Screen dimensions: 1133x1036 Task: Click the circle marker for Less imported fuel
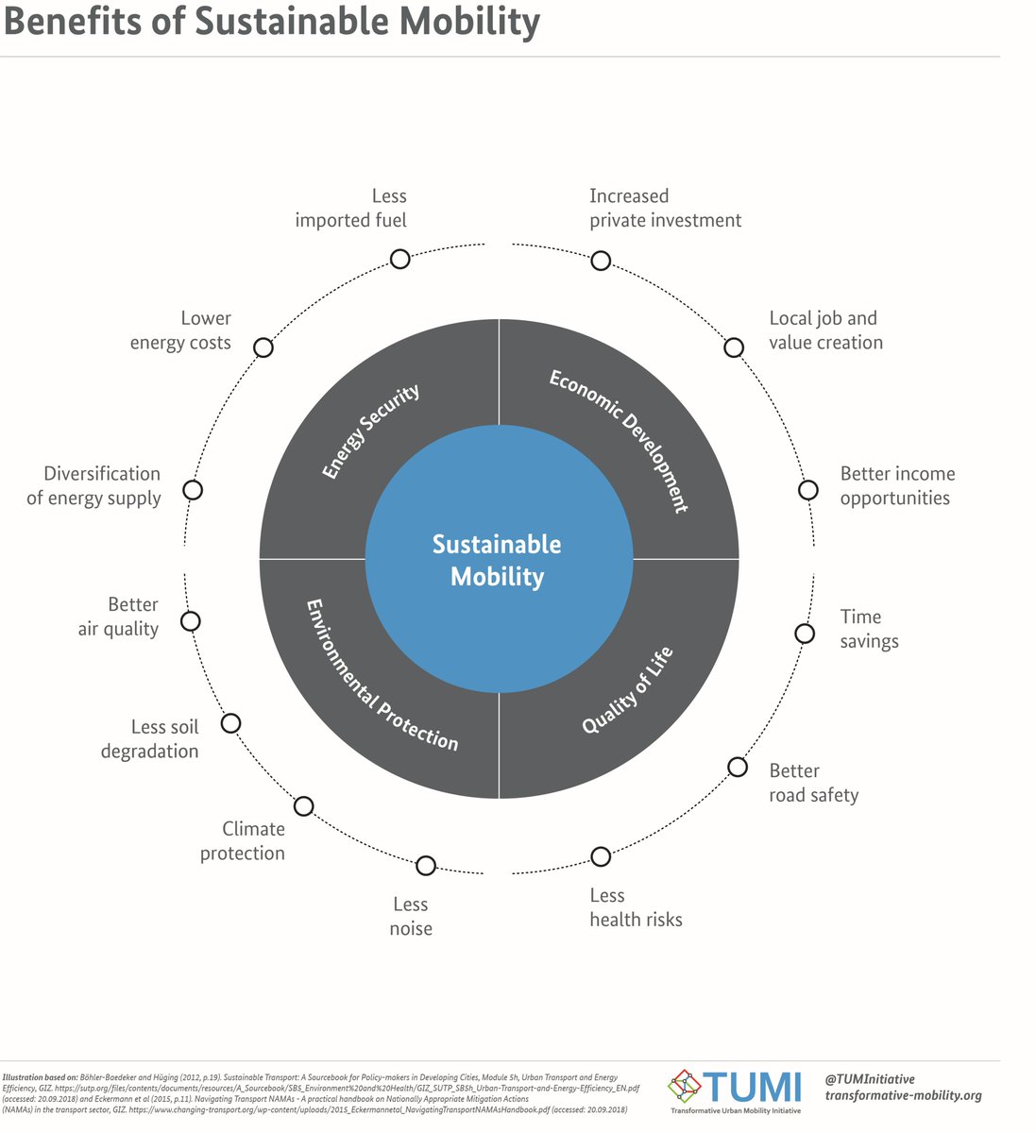pyautogui.click(x=400, y=259)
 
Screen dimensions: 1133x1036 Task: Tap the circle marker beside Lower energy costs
pyautogui.click(x=263, y=347)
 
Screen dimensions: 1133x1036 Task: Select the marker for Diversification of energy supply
pyautogui.click(x=193, y=490)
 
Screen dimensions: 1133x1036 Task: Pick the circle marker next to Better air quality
pyautogui.click(x=191, y=621)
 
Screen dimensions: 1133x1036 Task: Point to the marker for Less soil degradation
pyautogui.click(x=230, y=723)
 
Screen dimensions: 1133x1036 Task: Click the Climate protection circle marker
pyautogui.click(x=304, y=806)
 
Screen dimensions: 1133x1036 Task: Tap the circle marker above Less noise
pyautogui.click(x=426, y=865)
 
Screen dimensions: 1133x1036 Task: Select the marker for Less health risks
pyautogui.click(x=601, y=856)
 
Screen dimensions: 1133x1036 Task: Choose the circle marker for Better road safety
pyautogui.click(x=738, y=767)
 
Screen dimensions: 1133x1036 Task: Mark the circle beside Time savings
pyautogui.click(x=805, y=634)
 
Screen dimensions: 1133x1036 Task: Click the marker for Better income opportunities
pyautogui.click(x=808, y=490)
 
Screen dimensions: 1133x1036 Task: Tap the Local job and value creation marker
pyautogui.click(x=734, y=347)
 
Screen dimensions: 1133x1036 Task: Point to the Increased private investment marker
pyautogui.click(x=601, y=261)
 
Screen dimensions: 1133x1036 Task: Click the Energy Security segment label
pyautogui.click(x=370, y=431)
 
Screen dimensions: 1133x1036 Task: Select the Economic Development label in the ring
pyautogui.click(x=620, y=440)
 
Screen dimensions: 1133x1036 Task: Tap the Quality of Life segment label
pyautogui.click(x=627, y=690)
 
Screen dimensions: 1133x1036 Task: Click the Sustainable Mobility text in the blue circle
pyautogui.click(x=497, y=560)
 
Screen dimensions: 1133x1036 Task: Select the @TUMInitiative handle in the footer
pyautogui.click(x=869, y=1078)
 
